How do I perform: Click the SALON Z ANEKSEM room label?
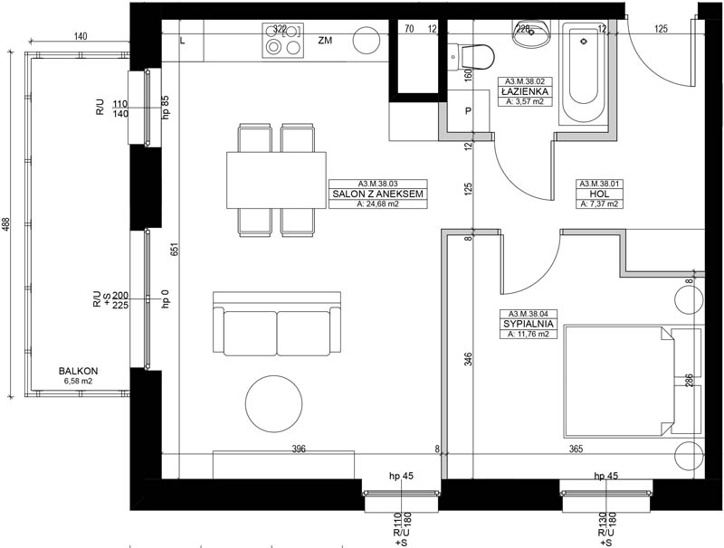tap(377, 194)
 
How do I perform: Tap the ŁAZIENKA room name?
tap(525, 92)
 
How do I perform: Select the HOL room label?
tap(599, 194)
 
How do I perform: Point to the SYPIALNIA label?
tap(529, 324)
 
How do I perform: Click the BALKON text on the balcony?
tap(79, 371)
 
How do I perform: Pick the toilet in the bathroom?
tap(471, 57)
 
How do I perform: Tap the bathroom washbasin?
tap(531, 33)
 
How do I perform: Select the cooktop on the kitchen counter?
tap(283, 41)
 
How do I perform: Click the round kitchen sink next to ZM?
tap(367, 41)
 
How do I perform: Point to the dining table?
tap(276, 180)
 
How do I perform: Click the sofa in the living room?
tap(277, 324)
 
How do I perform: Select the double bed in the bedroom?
tap(619, 382)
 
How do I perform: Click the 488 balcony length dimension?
tap(6, 223)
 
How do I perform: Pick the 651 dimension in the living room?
tap(174, 249)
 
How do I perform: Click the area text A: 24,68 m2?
tap(377, 203)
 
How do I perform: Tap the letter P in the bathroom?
tap(468, 111)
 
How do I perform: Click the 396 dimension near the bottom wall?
tap(299, 449)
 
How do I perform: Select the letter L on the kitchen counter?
tap(183, 41)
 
